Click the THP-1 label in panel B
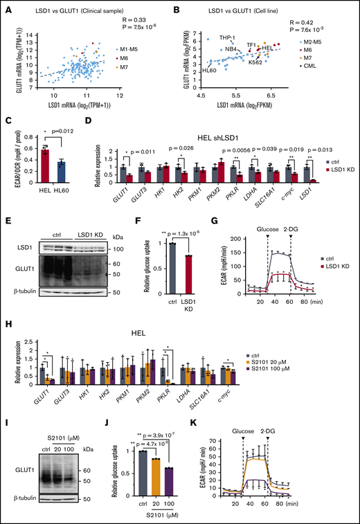coord(228,37)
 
